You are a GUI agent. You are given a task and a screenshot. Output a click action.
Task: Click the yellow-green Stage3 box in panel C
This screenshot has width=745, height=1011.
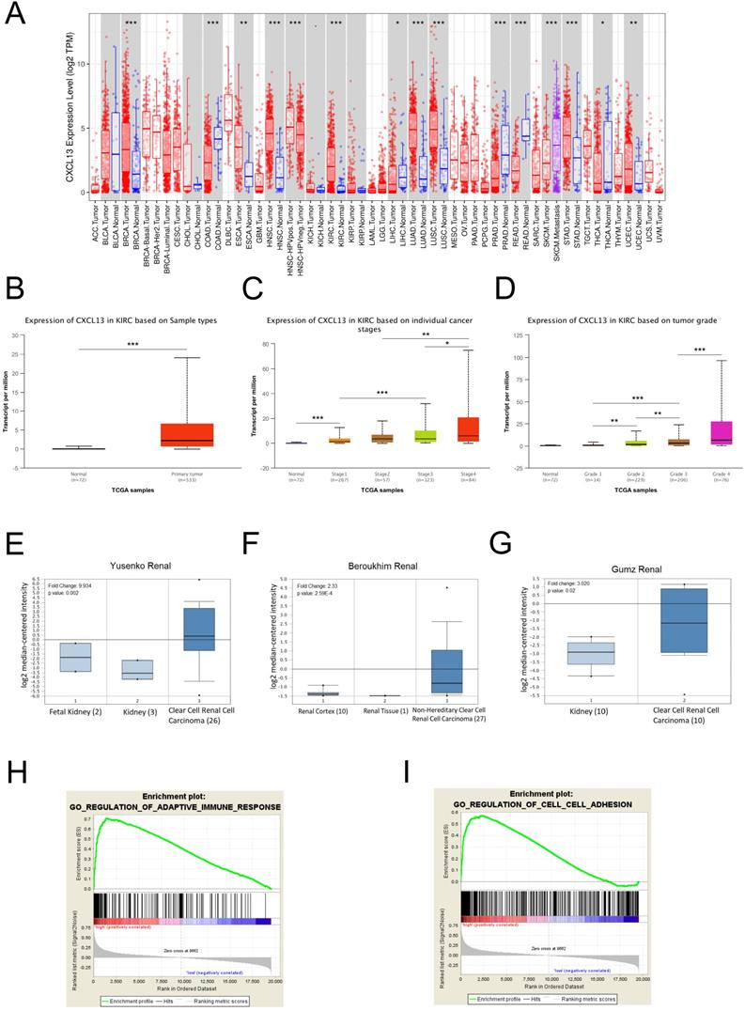(426, 436)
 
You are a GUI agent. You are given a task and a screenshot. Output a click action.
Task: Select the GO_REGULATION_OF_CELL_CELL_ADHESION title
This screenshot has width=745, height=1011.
(550, 779)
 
